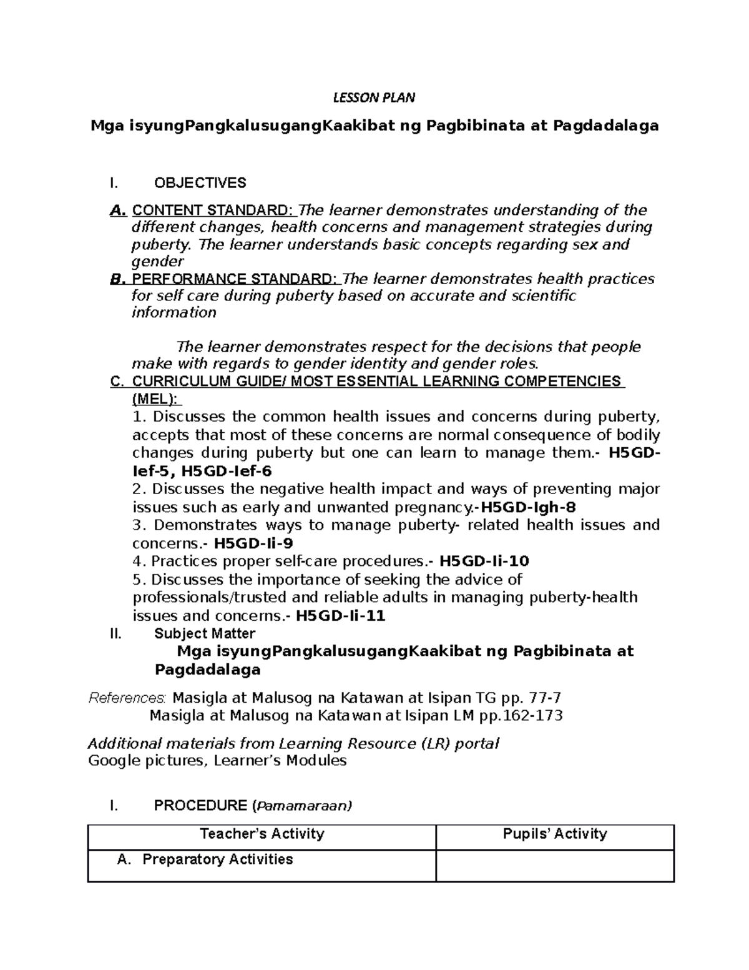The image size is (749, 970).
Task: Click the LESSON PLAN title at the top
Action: click(x=374, y=97)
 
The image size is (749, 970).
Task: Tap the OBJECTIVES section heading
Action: click(x=200, y=183)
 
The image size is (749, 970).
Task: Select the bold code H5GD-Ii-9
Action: click(x=253, y=543)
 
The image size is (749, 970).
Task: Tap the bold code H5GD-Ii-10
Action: click(x=484, y=561)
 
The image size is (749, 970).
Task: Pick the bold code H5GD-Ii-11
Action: click(x=340, y=616)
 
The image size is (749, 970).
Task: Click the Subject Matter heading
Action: click(x=204, y=634)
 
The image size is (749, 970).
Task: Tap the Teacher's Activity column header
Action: click(x=262, y=834)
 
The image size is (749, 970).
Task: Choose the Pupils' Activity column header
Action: click(x=554, y=834)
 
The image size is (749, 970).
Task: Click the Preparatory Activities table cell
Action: click(x=217, y=859)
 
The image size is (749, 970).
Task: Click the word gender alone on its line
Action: click(x=157, y=262)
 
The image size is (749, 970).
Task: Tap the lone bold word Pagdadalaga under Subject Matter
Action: click(x=207, y=670)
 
